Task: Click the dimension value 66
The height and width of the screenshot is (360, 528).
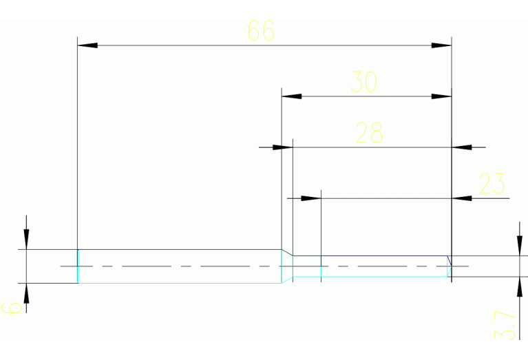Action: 261,31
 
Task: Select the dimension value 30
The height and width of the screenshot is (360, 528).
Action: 364,82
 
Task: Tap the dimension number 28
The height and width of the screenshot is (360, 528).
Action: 369,133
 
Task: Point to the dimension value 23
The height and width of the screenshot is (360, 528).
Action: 492,184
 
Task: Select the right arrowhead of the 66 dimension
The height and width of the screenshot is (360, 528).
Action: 441,45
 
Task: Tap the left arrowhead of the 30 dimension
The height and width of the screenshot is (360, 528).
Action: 291,96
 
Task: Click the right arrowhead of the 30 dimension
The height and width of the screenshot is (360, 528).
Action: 441,96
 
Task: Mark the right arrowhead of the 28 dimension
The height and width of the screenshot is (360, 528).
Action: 461,147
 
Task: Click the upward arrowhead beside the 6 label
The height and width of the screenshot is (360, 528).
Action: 26,293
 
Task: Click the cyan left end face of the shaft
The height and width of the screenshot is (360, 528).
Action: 78,266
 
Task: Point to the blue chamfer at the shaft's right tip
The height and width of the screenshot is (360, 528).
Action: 449,260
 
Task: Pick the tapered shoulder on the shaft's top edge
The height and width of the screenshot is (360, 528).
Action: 287,253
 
